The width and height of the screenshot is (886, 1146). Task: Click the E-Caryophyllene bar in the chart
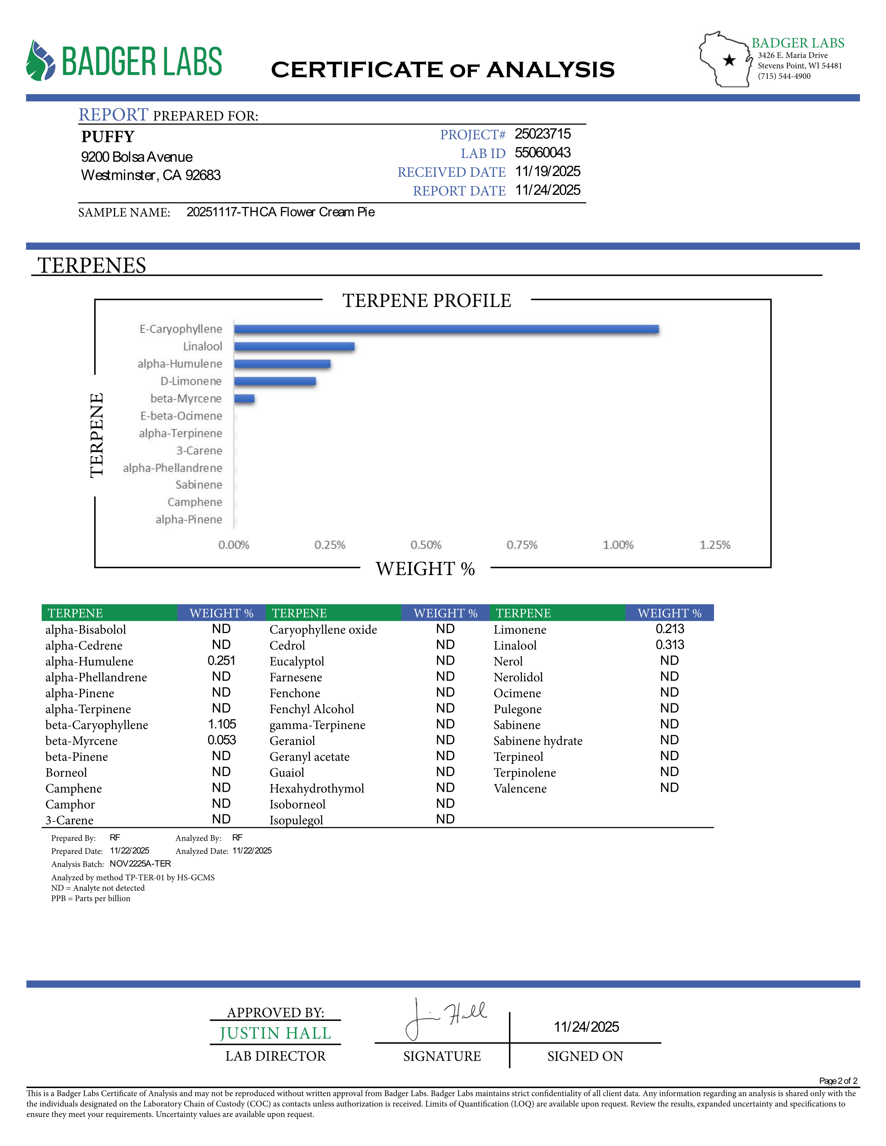446,329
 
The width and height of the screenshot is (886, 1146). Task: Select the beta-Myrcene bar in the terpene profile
244,399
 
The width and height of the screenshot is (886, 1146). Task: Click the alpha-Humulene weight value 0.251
222,661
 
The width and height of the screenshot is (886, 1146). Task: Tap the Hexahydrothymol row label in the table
317,788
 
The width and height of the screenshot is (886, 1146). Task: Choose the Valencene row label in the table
520,788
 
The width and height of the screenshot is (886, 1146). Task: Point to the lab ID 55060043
542,153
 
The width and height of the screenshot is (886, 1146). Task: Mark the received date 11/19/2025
548,172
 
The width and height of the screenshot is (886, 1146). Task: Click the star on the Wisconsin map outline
729,60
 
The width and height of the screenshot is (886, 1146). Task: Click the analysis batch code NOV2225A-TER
140,864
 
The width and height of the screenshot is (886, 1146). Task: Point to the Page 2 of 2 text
838,1081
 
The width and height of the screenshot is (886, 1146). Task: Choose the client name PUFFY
108,137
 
